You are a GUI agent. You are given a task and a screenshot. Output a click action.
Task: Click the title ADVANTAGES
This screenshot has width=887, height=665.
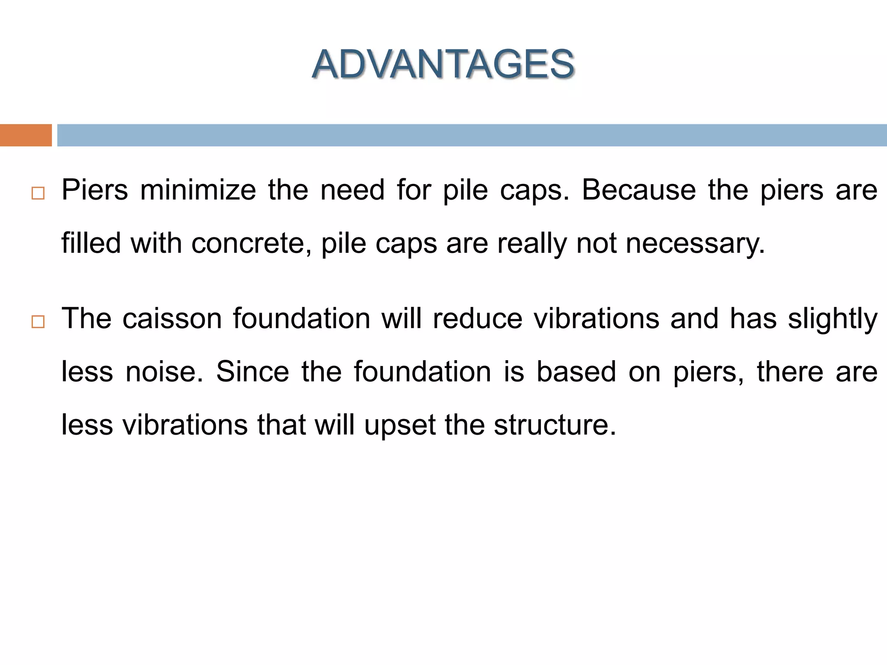click(x=443, y=65)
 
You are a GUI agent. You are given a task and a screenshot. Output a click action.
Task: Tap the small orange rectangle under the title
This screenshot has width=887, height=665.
click(x=26, y=135)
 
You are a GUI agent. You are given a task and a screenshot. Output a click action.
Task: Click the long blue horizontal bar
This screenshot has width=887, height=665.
click(x=472, y=135)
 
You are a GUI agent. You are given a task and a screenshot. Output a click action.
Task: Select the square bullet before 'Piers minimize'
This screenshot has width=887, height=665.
click(x=38, y=193)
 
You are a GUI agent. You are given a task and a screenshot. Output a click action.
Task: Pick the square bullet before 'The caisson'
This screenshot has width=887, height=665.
click(x=38, y=322)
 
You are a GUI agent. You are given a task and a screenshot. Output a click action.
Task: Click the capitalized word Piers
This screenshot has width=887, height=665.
click(x=95, y=190)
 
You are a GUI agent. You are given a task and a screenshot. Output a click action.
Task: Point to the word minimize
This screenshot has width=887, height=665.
click(x=198, y=190)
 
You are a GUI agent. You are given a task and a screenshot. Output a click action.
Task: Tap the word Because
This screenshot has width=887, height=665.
click(x=638, y=190)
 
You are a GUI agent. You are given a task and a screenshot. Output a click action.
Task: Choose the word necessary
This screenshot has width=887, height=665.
click(x=695, y=243)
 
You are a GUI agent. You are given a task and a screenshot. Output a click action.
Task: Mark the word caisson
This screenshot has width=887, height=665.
click(x=172, y=319)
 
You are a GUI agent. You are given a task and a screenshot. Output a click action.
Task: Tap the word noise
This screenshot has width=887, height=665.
click(x=164, y=372)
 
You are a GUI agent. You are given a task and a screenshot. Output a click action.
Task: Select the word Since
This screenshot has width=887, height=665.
click(x=253, y=372)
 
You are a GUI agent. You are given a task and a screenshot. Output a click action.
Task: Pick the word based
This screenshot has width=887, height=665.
click(x=576, y=372)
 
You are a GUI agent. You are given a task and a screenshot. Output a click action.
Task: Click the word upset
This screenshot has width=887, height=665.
click(x=400, y=425)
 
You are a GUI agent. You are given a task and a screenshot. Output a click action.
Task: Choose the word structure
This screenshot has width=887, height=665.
click(x=555, y=425)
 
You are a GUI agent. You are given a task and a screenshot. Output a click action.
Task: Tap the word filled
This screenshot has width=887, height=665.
click(x=91, y=243)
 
